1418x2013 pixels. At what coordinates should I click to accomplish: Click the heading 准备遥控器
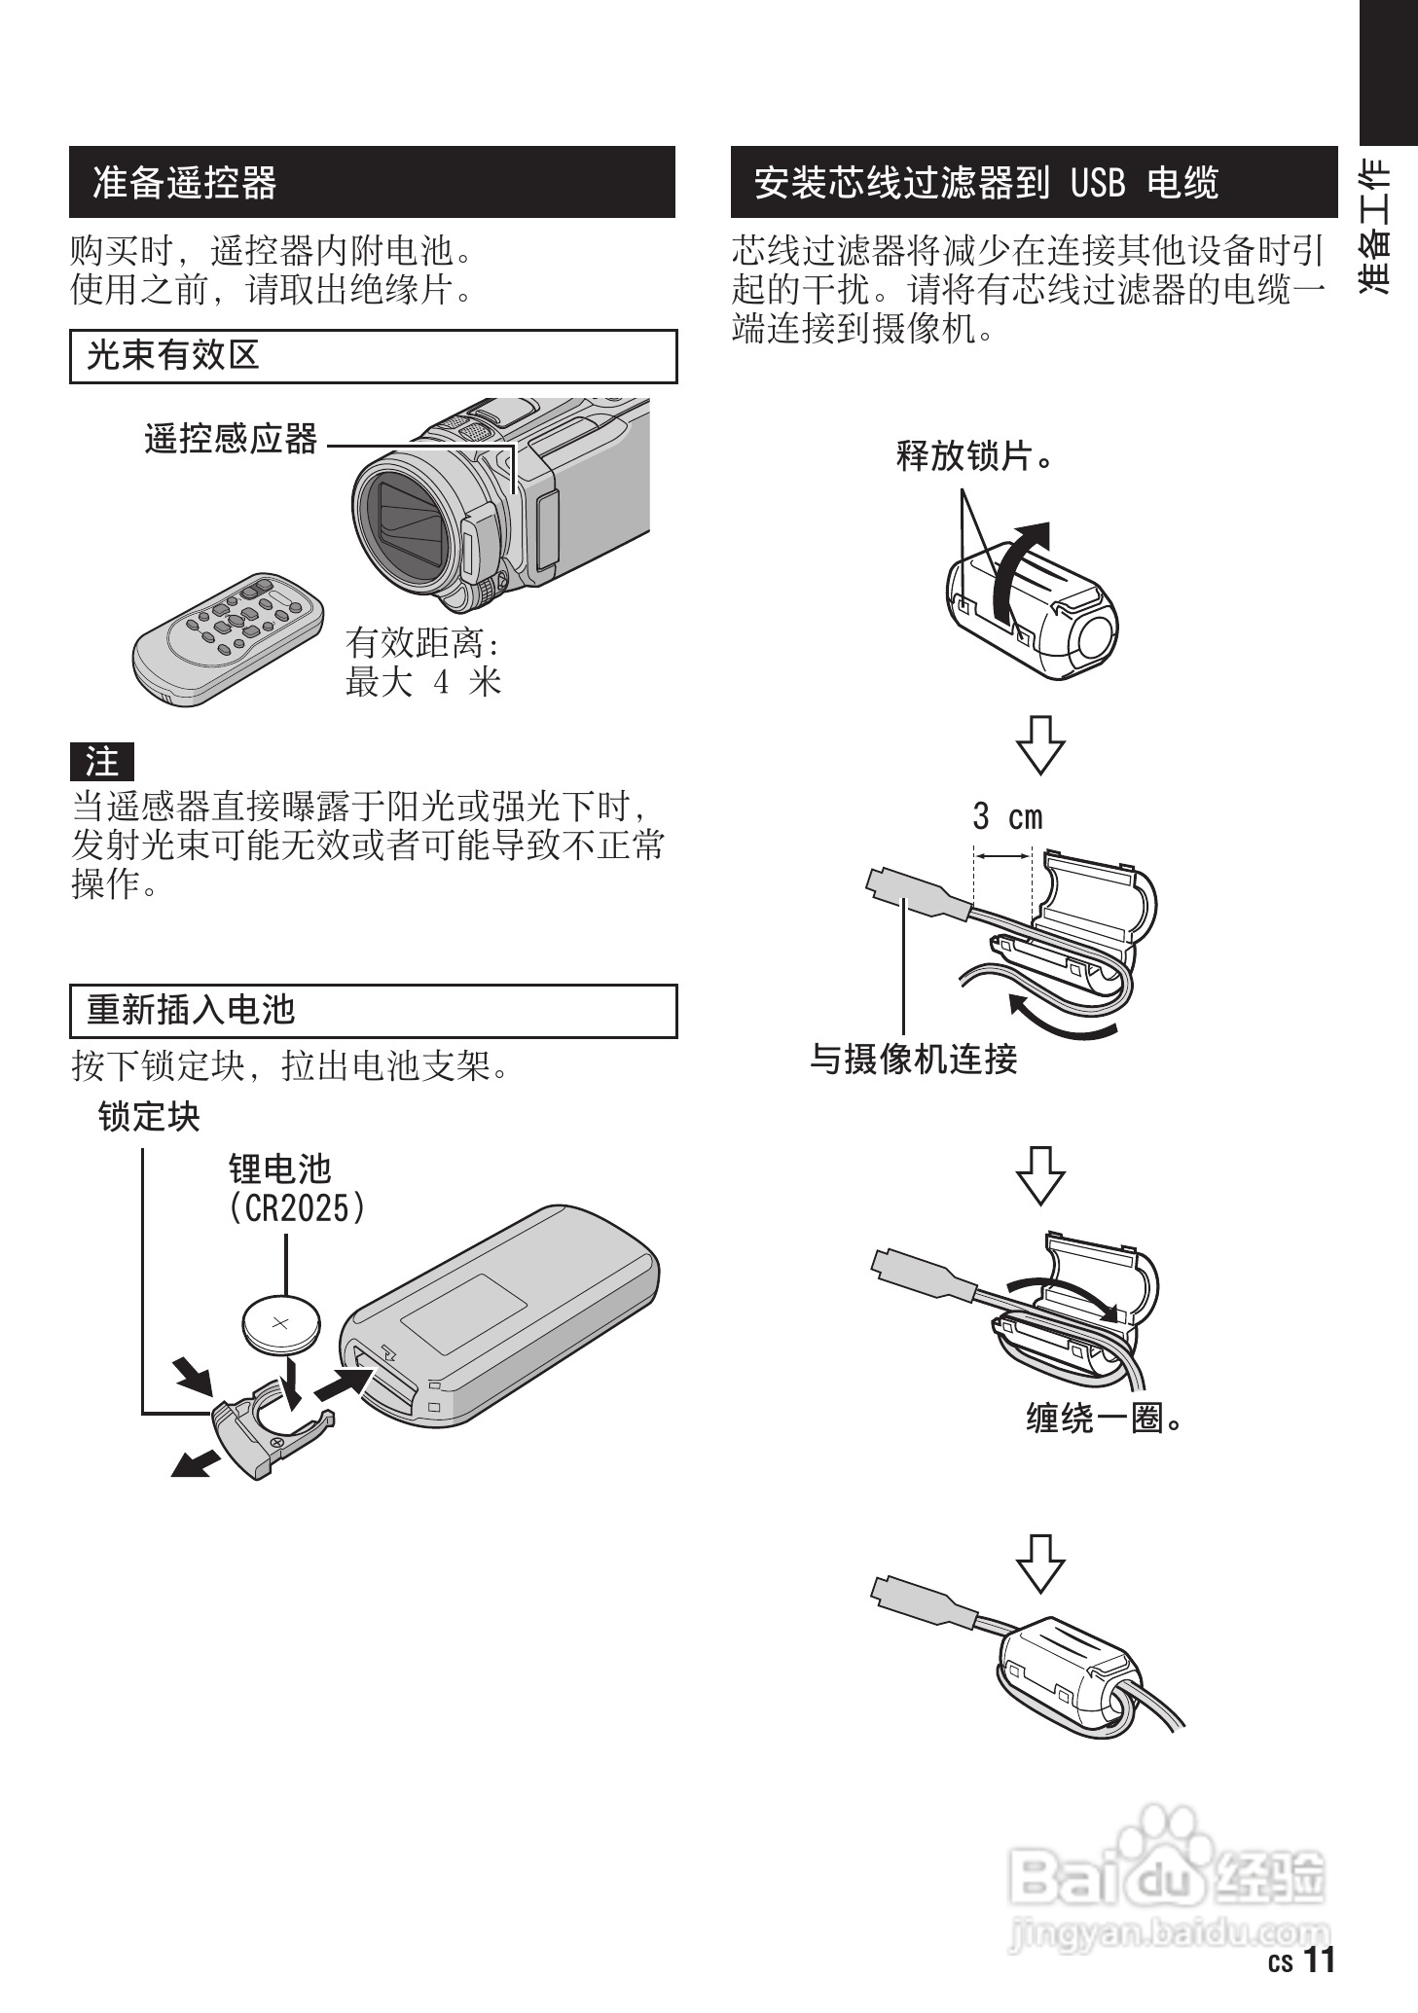[185, 183]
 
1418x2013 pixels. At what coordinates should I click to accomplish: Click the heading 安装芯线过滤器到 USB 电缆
[985, 183]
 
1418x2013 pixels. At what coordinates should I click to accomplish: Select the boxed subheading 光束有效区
[173, 356]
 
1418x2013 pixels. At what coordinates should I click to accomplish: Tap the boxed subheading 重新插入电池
[191, 1010]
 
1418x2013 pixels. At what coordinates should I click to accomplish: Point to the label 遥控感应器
[231, 440]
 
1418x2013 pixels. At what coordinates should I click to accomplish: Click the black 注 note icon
[101, 762]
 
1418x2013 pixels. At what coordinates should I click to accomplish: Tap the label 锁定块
[149, 1117]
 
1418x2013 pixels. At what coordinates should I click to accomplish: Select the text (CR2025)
[298, 1208]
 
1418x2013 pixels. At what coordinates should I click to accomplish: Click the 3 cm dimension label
[1007, 816]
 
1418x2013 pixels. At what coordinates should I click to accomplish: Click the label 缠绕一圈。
[1104, 1419]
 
